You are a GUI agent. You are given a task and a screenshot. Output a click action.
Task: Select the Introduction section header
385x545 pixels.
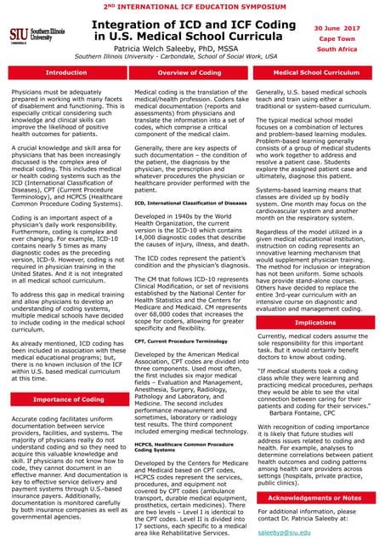click(65, 73)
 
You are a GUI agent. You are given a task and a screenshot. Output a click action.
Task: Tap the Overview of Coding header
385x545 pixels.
click(191, 73)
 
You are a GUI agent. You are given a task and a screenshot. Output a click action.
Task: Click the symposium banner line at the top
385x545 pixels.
click(192, 6)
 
